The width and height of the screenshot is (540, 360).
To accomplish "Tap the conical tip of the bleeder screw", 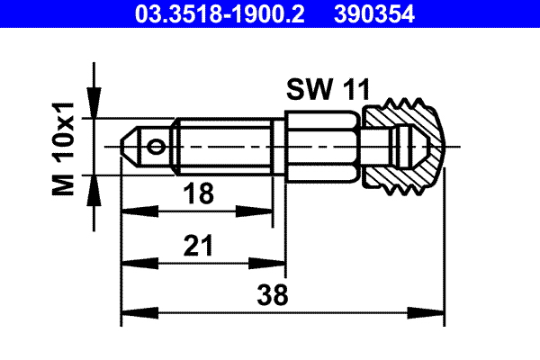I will pos(130,145).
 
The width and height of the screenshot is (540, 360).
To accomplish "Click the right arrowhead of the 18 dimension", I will pos(267,211).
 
